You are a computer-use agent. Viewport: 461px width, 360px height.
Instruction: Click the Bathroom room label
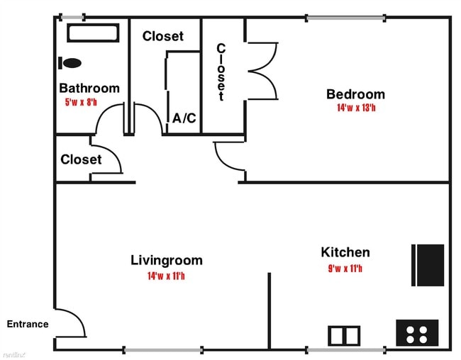pos(89,89)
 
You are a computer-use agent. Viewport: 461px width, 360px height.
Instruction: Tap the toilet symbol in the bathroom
pos(71,63)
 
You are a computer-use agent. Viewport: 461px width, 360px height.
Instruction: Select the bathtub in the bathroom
pos(92,33)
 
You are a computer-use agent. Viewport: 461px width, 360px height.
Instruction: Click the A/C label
pos(184,118)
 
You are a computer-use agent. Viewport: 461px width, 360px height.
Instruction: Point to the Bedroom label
pos(355,94)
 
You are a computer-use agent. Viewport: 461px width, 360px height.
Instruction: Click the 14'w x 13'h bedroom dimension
pos(355,108)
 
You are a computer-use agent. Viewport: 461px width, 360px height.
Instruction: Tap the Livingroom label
pos(167,260)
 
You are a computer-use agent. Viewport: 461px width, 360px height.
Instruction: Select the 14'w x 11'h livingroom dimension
pos(167,276)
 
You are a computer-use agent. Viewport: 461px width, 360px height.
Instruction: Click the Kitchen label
pos(345,252)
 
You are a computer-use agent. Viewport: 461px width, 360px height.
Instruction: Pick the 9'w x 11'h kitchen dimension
pos(345,268)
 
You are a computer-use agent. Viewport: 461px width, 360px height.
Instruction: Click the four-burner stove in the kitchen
pos(416,332)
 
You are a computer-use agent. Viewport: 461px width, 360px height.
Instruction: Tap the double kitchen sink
pos(345,334)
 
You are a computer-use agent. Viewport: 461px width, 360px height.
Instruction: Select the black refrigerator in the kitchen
pos(428,265)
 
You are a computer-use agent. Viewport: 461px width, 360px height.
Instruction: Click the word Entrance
pos(28,325)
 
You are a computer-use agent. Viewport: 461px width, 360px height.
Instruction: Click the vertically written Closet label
pos(221,72)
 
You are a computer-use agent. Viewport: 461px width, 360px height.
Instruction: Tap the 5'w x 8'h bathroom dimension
pos(82,102)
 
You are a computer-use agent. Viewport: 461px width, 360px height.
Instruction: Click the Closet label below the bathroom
pos(81,159)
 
